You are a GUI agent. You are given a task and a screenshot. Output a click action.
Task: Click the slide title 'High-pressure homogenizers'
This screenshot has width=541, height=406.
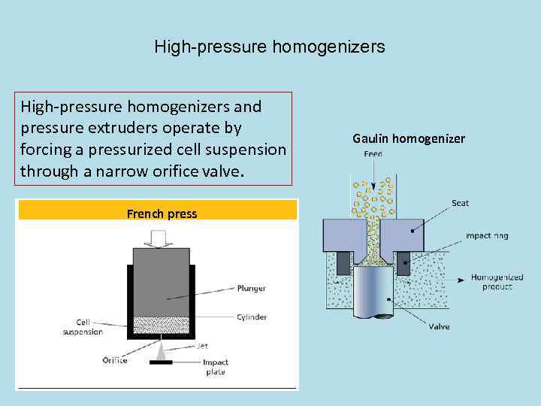[x=270, y=47]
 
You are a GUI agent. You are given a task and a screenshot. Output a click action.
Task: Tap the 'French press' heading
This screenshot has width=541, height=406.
[x=162, y=214]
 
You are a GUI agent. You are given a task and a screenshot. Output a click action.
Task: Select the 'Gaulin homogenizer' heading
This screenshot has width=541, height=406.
[x=409, y=138]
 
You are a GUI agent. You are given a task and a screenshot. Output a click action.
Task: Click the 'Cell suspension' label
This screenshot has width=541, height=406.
[x=83, y=327]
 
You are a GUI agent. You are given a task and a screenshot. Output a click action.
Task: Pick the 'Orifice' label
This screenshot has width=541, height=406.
[x=115, y=360]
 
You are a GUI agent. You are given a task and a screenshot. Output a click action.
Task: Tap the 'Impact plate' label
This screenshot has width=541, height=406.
[x=215, y=367]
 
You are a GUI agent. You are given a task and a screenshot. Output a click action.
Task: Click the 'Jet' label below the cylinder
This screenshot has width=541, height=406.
[x=202, y=347]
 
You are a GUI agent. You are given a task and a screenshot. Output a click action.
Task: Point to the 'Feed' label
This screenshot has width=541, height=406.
[x=373, y=154]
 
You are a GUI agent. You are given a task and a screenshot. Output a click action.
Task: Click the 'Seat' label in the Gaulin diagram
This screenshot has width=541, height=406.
[x=461, y=202]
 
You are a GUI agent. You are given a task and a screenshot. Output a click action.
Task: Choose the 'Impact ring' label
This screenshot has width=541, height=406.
[x=487, y=235]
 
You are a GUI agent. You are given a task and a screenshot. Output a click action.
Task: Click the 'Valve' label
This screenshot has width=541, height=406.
[x=440, y=326]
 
